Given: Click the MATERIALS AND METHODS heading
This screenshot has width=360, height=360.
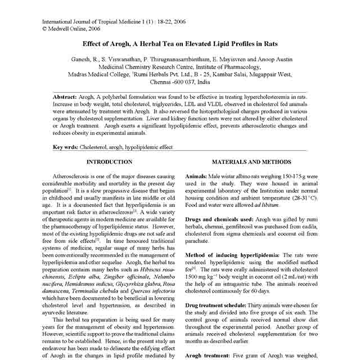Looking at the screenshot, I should (252, 161).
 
